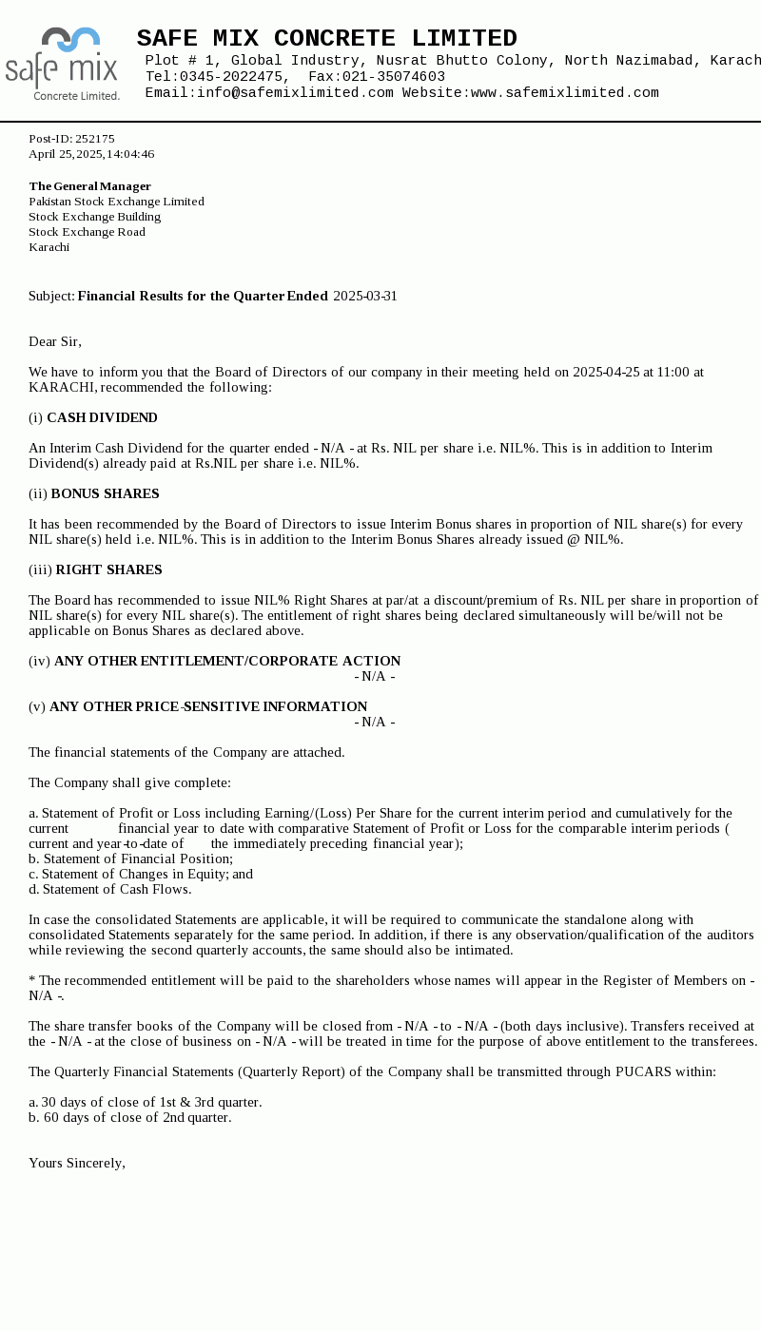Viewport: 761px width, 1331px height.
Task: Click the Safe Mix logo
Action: pyautogui.click(x=63, y=64)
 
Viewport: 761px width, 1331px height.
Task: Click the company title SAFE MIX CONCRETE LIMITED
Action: pyautogui.click(x=326, y=38)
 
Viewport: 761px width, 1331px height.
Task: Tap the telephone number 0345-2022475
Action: pyautogui.click(x=231, y=77)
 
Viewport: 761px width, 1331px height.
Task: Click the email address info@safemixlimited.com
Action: pyautogui.click(x=295, y=93)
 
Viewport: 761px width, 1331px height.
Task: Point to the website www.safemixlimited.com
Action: pyautogui.click(x=564, y=93)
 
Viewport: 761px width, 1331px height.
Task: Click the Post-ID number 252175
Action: pyautogui.click(x=94, y=139)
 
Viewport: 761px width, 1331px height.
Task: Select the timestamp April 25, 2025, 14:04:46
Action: pyautogui.click(x=91, y=154)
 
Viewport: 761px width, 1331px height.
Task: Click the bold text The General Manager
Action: pyautogui.click(x=89, y=186)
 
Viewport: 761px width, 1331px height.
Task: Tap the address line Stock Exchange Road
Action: pyautogui.click(x=87, y=232)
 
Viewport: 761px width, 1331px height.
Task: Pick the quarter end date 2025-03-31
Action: pyautogui.click(x=365, y=296)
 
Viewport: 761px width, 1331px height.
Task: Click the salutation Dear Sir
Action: pyautogui.click(x=55, y=341)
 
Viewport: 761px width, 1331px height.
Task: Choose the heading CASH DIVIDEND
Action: pyautogui.click(x=102, y=417)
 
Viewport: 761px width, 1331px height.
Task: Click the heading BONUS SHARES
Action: pyautogui.click(x=105, y=493)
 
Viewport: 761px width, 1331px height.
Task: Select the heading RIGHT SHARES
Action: pyautogui.click(x=108, y=569)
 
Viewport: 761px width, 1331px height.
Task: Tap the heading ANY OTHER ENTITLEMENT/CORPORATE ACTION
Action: pyautogui.click(x=227, y=661)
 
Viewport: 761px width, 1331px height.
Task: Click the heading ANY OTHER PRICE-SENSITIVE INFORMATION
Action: pyautogui.click(x=208, y=706)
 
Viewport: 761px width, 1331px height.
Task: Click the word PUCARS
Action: pyautogui.click(x=642, y=1071)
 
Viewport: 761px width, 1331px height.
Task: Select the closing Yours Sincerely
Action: pyautogui.click(x=77, y=1163)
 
